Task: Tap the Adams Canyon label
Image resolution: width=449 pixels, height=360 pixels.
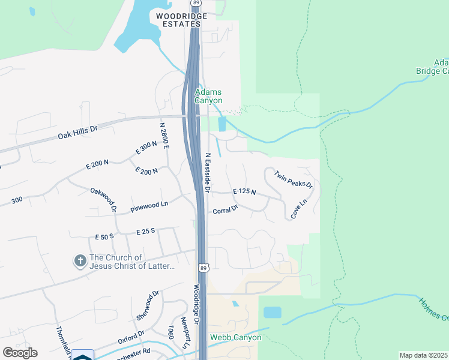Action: coord(208,96)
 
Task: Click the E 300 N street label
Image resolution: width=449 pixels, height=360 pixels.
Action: coord(146,148)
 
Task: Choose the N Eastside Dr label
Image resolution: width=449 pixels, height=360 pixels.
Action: coord(208,172)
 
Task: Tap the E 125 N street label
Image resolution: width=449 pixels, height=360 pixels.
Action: coord(244,192)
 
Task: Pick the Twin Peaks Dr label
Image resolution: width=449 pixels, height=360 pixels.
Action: coord(294,179)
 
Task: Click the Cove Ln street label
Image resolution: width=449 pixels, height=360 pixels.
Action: coord(298,208)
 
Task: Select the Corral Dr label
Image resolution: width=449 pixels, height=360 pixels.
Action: coord(226,210)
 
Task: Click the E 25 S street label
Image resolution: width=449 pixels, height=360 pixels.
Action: coord(146,231)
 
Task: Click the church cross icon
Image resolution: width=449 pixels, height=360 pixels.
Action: coord(79,261)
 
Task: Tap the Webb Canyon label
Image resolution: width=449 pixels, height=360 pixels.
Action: coord(235,337)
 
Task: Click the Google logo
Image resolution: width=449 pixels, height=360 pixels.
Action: coord(20,353)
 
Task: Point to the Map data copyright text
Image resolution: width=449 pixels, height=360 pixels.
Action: coord(423,355)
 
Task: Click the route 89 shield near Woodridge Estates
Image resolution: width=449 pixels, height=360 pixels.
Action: coord(196,4)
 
